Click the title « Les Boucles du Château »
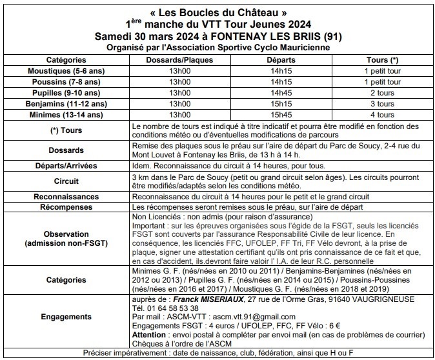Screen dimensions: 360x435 [217, 12]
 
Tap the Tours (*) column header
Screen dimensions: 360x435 [379, 59]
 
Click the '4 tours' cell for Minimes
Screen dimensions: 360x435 [379, 115]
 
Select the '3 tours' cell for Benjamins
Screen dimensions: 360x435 [379, 104]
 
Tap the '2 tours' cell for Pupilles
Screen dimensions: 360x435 [379, 93]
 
